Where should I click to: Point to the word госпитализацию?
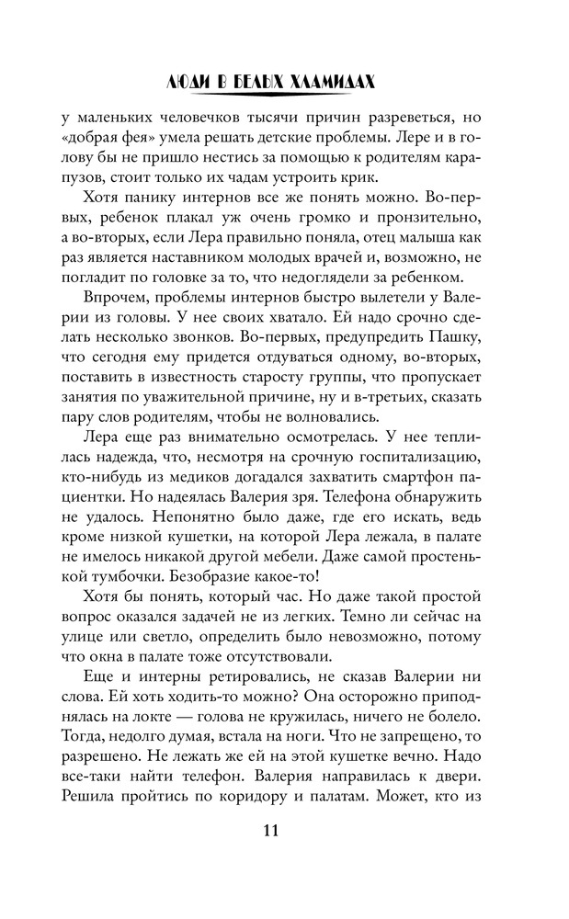409,457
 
